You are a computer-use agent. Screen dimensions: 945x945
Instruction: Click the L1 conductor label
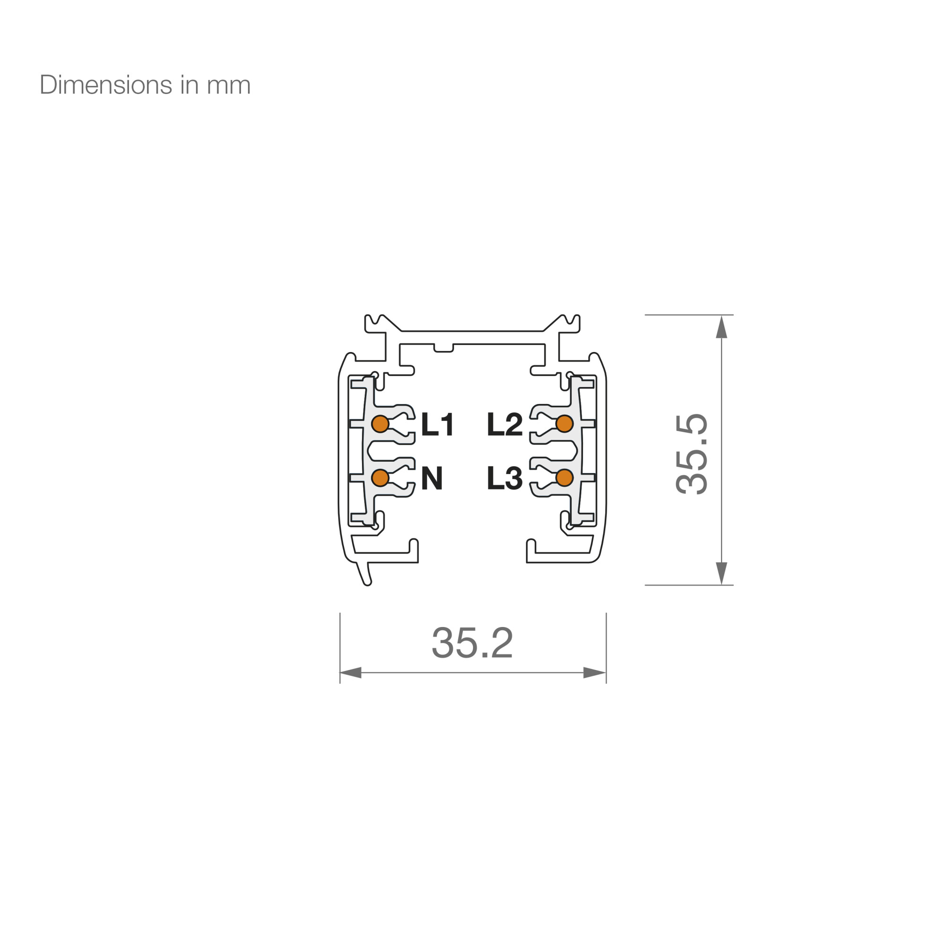point(438,424)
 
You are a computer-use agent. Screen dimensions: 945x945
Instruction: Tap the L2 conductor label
point(505,424)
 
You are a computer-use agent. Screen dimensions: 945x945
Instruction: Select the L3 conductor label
point(505,478)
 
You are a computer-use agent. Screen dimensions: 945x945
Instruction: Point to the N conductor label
point(432,478)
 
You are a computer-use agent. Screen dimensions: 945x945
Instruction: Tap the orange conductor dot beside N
point(380,478)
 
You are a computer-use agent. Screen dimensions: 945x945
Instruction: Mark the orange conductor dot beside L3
point(565,478)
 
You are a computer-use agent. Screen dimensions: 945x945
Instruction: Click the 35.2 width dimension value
point(472,642)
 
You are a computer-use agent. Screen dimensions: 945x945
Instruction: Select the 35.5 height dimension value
point(692,454)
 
